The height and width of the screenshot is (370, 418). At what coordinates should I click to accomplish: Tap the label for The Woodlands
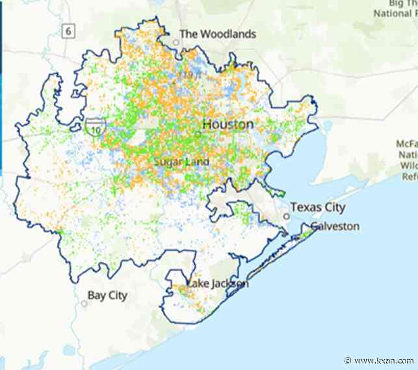tap(217, 34)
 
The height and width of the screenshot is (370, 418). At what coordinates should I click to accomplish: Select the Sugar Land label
tap(181, 161)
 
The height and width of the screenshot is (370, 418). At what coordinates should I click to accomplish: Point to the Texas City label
tap(317, 207)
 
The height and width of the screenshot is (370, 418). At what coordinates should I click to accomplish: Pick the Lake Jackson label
tap(217, 284)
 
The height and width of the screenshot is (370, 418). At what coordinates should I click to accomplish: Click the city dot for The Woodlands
tap(175, 43)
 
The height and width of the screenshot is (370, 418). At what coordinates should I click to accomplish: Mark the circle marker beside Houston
tap(199, 134)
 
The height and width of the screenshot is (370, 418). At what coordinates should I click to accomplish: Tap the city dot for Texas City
tap(285, 216)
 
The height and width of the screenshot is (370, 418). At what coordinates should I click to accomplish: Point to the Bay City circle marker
tap(84, 304)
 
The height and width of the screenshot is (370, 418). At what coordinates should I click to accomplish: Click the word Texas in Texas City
tap(305, 207)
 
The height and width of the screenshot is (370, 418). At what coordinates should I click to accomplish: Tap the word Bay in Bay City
tap(97, 295)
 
